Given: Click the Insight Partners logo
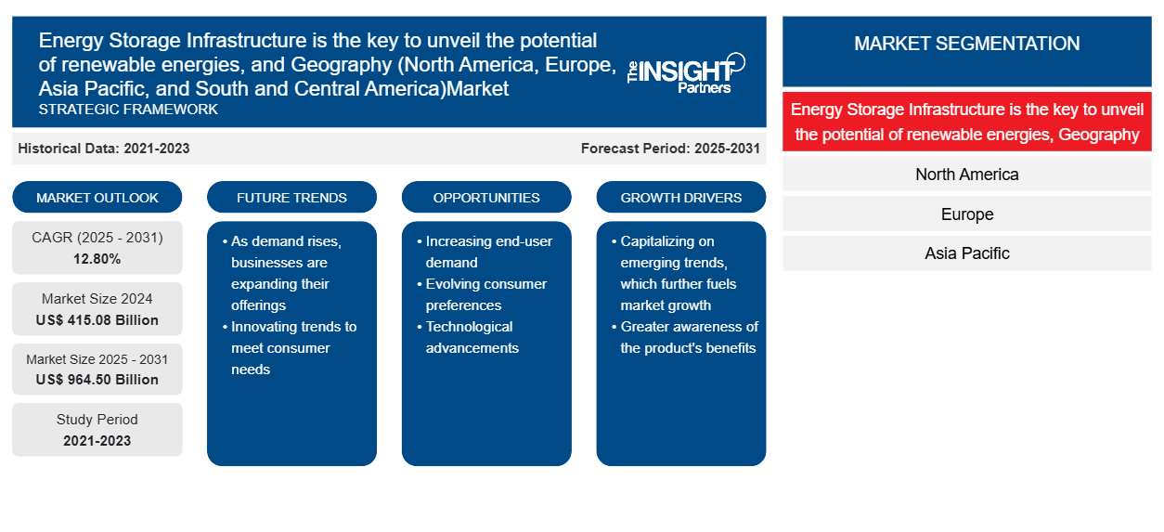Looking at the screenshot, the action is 687,73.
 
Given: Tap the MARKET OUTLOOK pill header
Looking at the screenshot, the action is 97,197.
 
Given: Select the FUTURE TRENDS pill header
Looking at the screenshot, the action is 291,197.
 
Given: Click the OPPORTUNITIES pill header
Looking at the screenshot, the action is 486,197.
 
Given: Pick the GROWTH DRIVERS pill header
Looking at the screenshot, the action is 680,197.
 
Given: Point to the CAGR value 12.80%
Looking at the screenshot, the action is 97,259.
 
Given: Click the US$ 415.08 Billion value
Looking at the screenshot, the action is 97,320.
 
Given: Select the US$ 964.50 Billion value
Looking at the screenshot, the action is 97,380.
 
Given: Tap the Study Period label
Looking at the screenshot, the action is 97,420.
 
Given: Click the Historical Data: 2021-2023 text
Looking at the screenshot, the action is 104,149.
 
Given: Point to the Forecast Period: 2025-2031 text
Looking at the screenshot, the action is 670,149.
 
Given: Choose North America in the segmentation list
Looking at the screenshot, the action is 967,175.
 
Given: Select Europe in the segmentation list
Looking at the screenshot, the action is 967,214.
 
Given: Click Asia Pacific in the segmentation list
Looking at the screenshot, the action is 967,253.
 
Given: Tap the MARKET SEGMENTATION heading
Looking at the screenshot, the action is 967,44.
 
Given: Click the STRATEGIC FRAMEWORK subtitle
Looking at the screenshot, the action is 128,110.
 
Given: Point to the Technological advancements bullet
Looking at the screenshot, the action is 469,337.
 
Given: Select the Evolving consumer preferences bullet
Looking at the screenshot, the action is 483,294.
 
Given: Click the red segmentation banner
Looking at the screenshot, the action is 967,122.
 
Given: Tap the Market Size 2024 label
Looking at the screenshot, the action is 97,299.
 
